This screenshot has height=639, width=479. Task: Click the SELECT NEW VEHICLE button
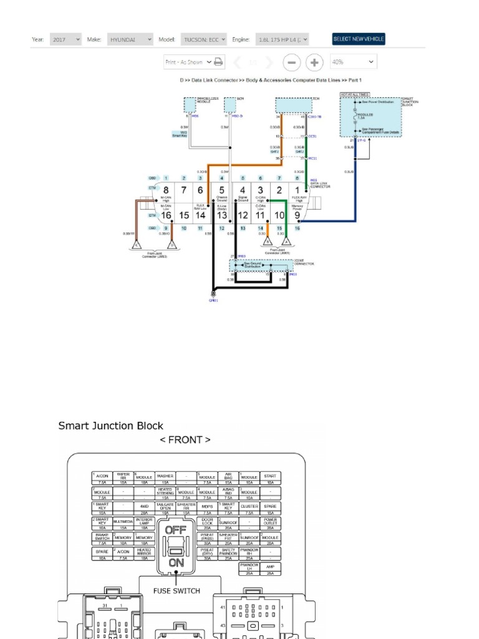coord(359,39)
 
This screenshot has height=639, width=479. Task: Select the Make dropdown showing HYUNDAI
coord(130,39)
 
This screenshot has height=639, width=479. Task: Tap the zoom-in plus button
coord(314,62)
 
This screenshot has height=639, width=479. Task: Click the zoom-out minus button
coord(291,62)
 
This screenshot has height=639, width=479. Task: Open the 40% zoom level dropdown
coord(354,62)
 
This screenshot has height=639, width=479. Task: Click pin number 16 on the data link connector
coord(166,215)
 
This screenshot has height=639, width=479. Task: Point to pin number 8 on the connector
coord(166,190)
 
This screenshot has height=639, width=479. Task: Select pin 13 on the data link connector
coord(221,215)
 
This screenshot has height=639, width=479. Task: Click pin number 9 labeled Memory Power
coord(297,215)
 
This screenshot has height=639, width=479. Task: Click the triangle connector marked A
coord(286,241)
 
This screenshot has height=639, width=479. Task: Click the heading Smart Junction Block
coord(110,426)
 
